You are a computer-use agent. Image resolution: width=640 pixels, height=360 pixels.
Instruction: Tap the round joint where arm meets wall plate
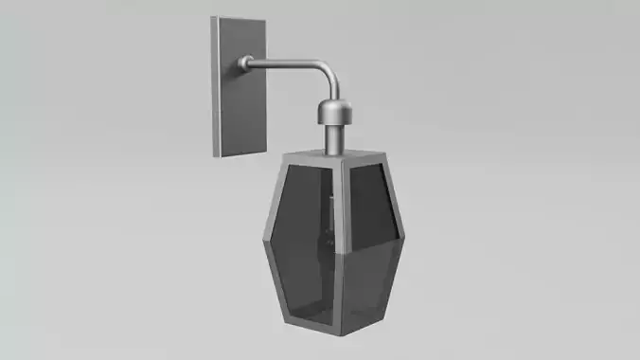click(x=246, y=63)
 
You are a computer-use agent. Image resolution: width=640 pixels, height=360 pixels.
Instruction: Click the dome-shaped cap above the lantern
click(x=334, y=111)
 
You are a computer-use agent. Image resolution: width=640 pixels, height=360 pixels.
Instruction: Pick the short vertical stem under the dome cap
click(x=334, y=137)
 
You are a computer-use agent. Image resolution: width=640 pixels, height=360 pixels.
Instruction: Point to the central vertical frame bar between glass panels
click(x=338, y=246)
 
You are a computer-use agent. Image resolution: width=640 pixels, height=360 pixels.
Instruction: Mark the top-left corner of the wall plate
click(x=214, y=18)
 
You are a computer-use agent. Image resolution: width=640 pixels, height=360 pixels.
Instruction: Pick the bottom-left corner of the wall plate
click(x=217, y=157)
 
